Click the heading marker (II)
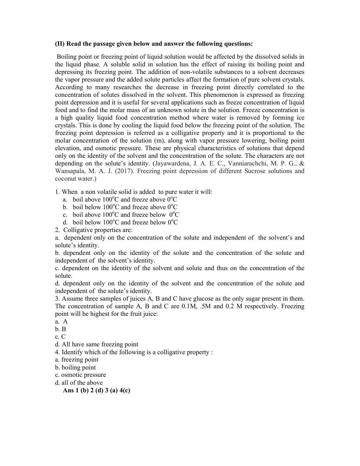[60, 44]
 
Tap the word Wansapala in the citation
[69, 171]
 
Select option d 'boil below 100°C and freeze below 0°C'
[125, 222]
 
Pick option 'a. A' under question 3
[62, 321]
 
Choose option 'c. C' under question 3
[60, 337]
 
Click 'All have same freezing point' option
[100, 344]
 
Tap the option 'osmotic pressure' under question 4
[84, 375]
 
